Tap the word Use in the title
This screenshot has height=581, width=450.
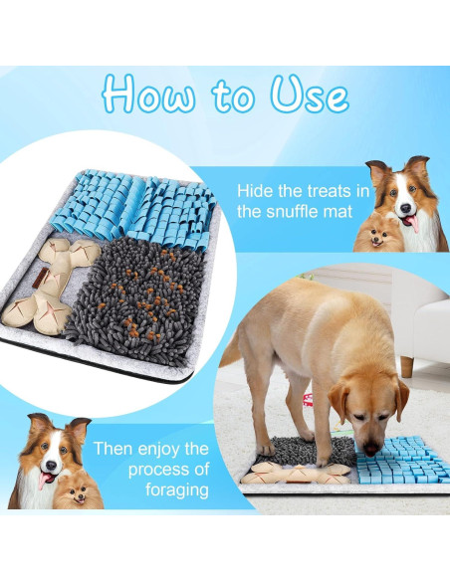[x=309, y=96]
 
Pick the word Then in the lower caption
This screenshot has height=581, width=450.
[x=114, y=448]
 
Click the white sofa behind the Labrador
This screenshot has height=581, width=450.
[x=418, y=308]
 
